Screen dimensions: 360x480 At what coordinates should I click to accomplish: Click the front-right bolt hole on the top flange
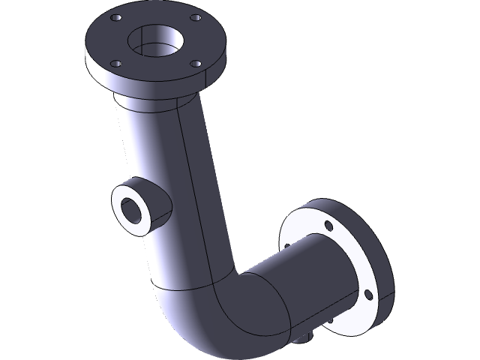(196, 65)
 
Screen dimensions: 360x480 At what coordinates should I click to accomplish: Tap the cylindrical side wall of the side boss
(157, 202)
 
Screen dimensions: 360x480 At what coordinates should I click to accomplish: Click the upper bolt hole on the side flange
(328, 225)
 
